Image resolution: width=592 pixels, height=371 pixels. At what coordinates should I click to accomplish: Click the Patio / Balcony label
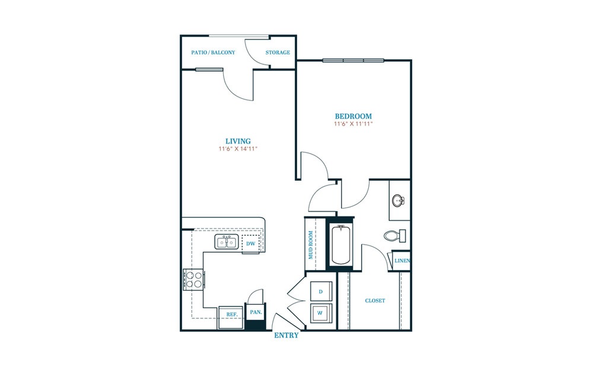[x=213, y=52]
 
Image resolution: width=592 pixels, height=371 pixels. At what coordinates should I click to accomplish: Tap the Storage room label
[x=278, y=52]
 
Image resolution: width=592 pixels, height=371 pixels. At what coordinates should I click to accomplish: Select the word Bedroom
[x=354, y=116]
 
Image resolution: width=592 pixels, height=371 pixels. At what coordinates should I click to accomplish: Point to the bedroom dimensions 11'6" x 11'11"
[x=354, y=124]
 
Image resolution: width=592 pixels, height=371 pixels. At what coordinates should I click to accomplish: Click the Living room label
[x=238, y=142]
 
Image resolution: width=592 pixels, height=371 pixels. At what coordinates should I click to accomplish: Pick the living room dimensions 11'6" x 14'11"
[x=238, y=149]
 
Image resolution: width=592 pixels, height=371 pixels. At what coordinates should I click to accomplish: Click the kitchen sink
[x=226, y=242]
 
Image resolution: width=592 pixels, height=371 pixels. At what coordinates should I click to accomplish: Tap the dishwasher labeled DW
[x=251, y=244]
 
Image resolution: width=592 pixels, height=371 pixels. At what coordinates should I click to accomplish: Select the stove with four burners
[x=194, y=279]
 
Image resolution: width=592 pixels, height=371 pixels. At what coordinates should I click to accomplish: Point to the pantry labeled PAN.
[x=256, y=312]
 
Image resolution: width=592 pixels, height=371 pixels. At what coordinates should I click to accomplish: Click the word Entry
[x=286, y=335]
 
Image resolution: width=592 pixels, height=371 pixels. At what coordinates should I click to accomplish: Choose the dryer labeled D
[x=321, y=292]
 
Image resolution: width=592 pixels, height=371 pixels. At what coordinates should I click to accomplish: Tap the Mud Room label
[x=311, y=245]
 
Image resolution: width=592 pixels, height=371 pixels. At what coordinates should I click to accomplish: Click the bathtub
[x=341, y=244]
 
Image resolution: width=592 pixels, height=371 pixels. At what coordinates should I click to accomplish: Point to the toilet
[x=394, y=236]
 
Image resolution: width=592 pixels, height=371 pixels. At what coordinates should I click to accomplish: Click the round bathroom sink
[x=398, y=200]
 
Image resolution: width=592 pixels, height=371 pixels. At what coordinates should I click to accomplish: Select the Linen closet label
[x=402, y=261]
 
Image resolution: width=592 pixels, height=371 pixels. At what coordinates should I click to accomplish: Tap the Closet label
[x=375, y=300]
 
